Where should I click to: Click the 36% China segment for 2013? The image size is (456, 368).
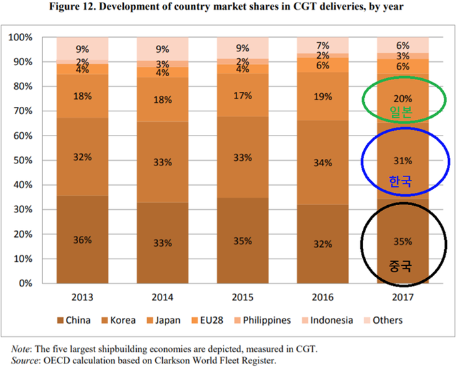[x=83, y=239]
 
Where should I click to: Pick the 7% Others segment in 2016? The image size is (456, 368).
[x=322, y=46]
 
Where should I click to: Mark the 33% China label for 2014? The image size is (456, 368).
[x=162, y=243]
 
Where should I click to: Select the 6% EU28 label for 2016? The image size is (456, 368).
[x=322, y=65]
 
